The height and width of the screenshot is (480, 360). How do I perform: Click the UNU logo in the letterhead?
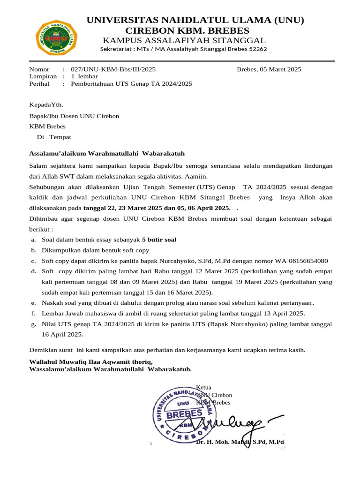coord(57,36)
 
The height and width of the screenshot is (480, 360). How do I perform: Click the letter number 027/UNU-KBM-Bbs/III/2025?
coord(113,69)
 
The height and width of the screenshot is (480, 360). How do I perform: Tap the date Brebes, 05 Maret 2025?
coord(269,69)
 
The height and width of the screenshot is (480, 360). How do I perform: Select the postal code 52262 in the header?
coord(256,49)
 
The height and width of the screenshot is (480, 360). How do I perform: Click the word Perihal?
coord(40,83)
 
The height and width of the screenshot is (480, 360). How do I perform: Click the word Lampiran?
coord(43,76)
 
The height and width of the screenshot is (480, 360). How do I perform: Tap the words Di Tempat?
coord(54,137)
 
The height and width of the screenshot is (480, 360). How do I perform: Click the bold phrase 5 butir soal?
coord(159,240)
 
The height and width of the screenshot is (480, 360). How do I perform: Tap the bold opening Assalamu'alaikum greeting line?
coord(107,153)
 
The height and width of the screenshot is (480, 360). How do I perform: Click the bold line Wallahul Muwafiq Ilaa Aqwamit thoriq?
coord(91,362)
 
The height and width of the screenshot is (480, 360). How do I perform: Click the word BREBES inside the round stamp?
coord(184,414)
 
